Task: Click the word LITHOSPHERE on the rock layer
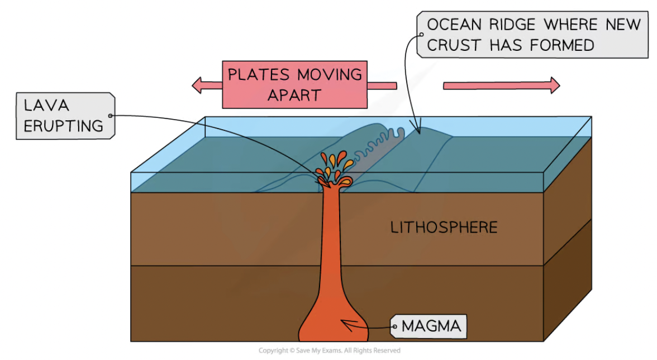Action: click(x=444, y=228)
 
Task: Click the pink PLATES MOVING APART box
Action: click(x=294, y=84)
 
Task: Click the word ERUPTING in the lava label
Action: click(x=63, y=125)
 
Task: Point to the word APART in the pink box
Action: click(x=294, y=95)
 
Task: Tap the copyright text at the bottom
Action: click(x=329, y=350)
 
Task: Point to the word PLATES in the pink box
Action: click(x=260, y=74)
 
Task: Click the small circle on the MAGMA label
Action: click(x=394, y=325)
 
